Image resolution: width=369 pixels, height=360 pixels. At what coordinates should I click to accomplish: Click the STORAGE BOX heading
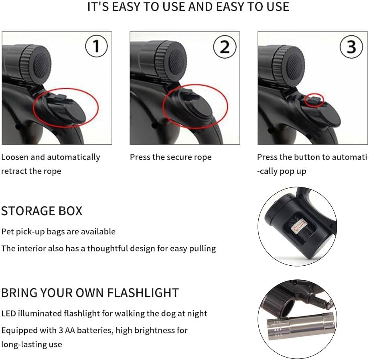pyautogui.click(x=42, y=211)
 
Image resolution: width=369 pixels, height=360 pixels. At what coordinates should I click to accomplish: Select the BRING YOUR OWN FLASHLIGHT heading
pyautogui.click(x=90, y=293)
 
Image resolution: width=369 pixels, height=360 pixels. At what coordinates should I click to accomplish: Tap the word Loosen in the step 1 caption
pyautogui.click(x=15, y=157)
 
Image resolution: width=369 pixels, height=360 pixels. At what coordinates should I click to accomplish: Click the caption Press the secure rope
pyautogui.click(x=170, y=157)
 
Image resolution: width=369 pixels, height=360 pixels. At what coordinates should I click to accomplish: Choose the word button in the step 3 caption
pyautogui.click(x=306, y=157)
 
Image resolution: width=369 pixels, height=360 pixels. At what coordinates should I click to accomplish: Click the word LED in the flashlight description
pyautogui.click(x=8, y=313)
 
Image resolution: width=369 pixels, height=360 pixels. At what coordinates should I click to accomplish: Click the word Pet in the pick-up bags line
pyautogui.click(x=8, y=232)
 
